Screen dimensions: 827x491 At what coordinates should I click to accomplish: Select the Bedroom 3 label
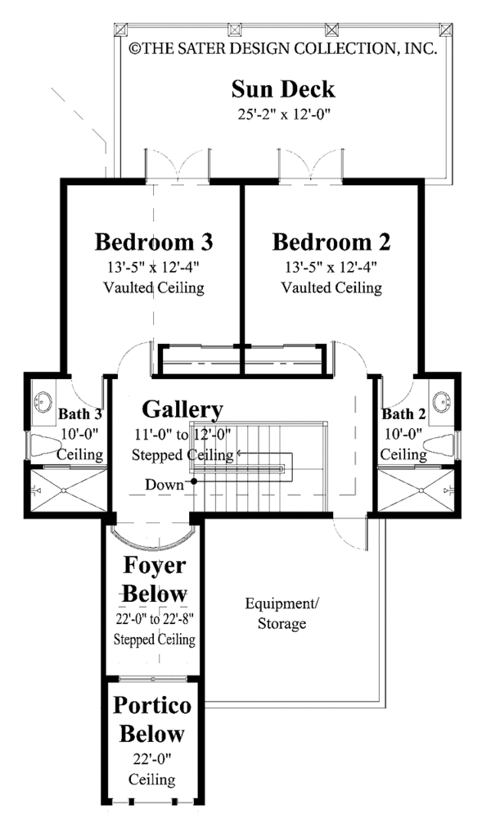click(x=154, y=242)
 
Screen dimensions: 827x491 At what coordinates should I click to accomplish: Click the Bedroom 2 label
click(x=331, y=242)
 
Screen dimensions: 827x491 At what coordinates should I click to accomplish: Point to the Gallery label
click(x=182, y=409)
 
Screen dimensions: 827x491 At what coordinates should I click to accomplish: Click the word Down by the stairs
click(x=164, y=484)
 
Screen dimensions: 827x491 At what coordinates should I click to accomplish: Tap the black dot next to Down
click(x=194, y=481)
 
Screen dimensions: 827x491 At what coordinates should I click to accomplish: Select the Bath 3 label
click(x=79, y=414)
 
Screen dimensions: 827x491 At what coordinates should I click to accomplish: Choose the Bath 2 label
click(x=403, y=414)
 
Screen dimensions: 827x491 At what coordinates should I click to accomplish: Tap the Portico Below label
click(x=152, y=719)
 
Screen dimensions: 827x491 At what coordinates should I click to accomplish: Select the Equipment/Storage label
click(x=280, y=613)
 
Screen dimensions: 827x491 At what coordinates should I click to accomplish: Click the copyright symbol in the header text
click(x=135, y=48)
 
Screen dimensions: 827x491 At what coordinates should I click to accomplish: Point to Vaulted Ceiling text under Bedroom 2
click(x=331, y=287)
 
